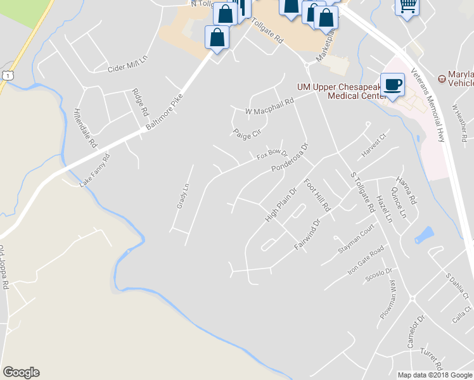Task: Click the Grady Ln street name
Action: (181, 196)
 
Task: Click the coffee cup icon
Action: (393, 84)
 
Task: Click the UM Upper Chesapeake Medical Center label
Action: (342, 91)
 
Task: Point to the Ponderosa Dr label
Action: (289, 158)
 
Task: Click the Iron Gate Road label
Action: (366, 260)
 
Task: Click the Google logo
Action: (21, 372)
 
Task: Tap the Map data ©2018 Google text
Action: (435, 375)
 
